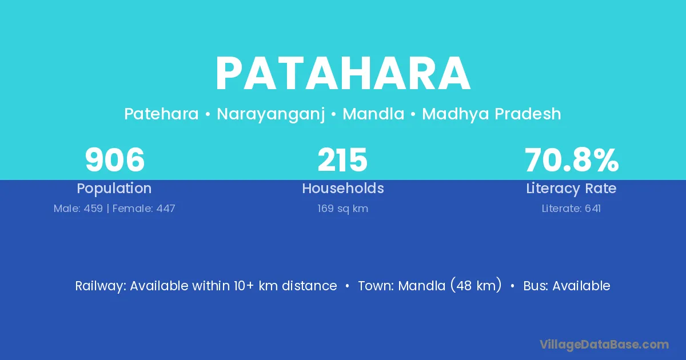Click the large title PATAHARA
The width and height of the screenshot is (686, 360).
point(343,73)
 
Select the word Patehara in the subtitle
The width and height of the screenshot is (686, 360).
point(161,114)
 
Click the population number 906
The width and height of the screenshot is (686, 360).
point(114,160)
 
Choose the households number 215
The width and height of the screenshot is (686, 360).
point(342,160)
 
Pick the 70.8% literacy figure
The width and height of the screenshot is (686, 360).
point(572,160)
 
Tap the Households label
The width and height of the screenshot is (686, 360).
point(343,188)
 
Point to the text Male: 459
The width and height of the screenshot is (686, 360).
point(78,209)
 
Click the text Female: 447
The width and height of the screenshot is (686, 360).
point(143,209)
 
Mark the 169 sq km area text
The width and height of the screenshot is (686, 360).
point(342,209)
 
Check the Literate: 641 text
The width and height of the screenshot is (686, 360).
point(571,209)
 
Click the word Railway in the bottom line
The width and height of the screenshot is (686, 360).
point(100,286)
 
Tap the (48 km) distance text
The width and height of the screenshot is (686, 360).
point(476,285)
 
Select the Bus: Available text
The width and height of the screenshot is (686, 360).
point(567,286)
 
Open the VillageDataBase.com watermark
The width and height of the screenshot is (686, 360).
point(604,345)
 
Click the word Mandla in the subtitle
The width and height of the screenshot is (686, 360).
point(373,114)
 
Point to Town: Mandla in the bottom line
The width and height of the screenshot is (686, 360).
point(402,286)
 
